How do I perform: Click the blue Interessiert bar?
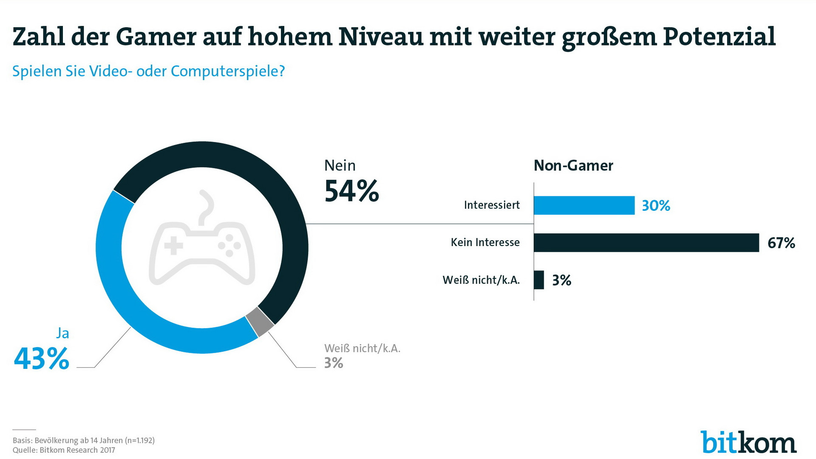coord(584,205)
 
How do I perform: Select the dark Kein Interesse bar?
coord(646,243)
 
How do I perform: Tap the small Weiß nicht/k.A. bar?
coord(538,280)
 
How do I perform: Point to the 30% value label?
coord(656,206)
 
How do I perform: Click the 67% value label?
coord(781,243)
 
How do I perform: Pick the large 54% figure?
coord(351,191)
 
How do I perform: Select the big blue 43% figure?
coord(42,359)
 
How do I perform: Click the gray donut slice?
coord(260,321)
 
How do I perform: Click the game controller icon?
coord(202,246)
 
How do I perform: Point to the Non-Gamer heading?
coord(573,165)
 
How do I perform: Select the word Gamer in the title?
coord(156,37)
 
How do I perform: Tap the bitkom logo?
coord(748,443)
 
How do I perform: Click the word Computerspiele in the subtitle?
coord(227,71)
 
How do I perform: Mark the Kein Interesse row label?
coord(485,243)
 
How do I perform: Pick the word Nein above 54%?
coord(340,165)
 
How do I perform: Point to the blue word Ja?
coord(62,333)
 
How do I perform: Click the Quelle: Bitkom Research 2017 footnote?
coord(64,450)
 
